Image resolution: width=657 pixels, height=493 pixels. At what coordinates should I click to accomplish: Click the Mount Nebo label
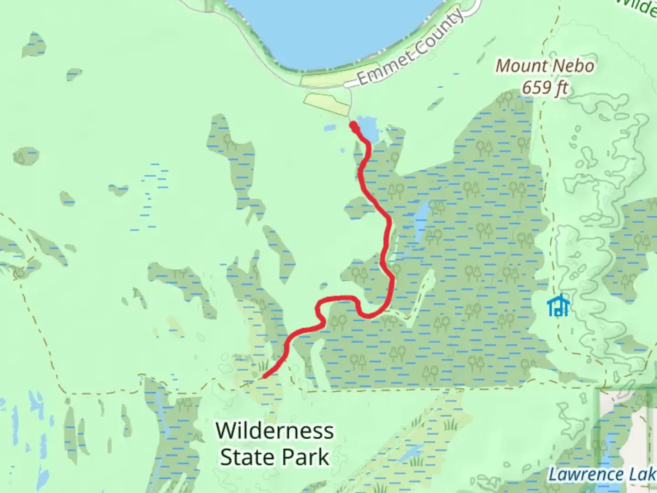coord(545,66)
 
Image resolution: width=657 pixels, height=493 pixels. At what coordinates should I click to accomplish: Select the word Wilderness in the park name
coord(275,431)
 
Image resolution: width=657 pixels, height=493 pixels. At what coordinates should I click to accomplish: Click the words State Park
coord(275,457)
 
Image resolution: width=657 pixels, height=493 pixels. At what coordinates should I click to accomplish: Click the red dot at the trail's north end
coord(353,124)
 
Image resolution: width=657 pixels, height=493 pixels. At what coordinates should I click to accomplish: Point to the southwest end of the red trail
coord(265,377)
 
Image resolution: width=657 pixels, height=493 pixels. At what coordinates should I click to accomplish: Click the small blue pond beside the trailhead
coord(369,129)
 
